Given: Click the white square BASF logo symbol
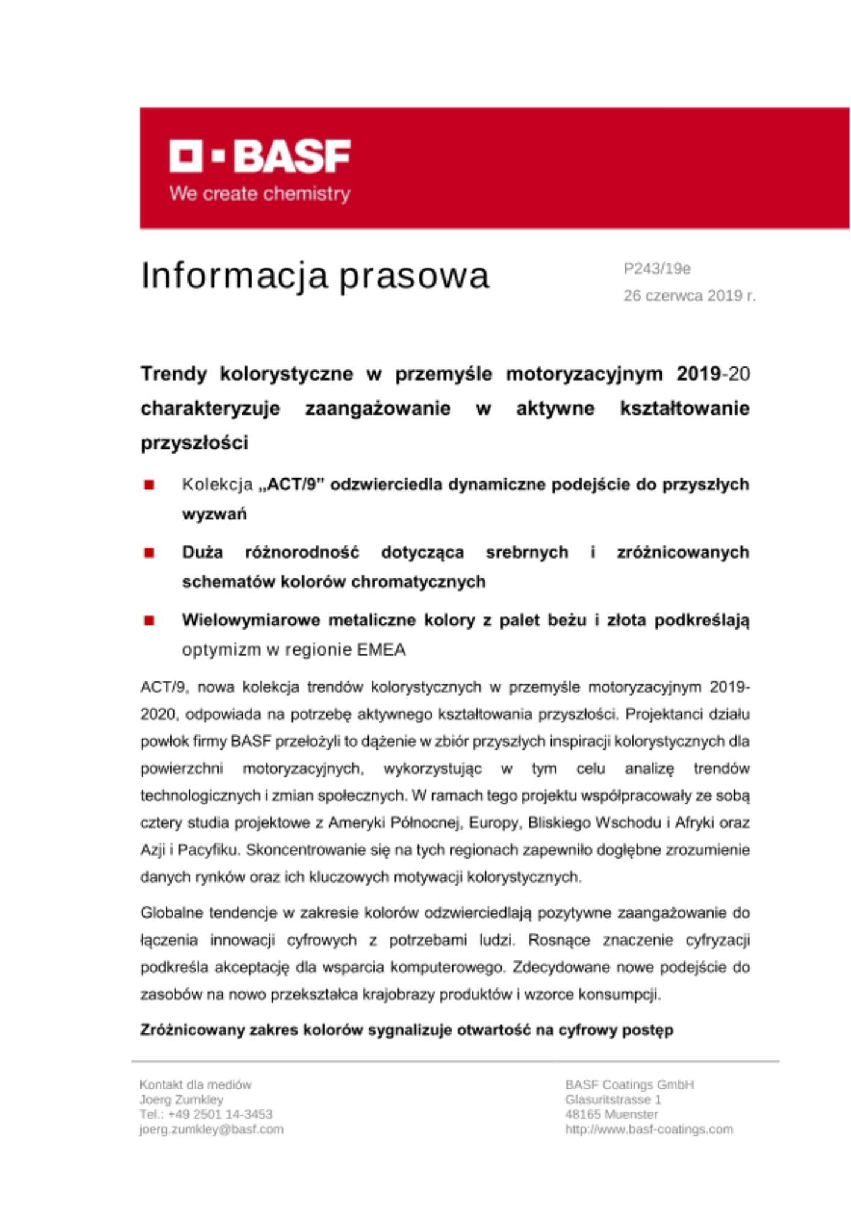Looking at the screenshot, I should [185, 156].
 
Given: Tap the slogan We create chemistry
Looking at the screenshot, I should [260, 194].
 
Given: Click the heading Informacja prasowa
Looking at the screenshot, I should [314, 276].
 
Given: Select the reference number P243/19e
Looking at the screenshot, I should [656, 269].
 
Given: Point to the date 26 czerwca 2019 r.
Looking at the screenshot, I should [689, 296].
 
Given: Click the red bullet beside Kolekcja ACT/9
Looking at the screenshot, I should [149, 485].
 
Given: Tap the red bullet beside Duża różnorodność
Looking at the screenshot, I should [149, 552].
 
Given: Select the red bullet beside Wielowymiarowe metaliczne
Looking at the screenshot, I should [149, 620].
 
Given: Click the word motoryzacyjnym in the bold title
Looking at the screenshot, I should [584, 374].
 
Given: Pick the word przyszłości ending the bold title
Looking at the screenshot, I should [194, 443].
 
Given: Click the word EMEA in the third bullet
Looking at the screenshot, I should [381, 649].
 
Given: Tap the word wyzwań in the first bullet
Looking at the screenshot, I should [214, 515].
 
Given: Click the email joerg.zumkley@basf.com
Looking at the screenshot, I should [211, 1129].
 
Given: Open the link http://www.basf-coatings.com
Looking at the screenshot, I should [649, 1129].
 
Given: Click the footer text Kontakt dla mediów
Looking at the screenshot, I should [195, 1084].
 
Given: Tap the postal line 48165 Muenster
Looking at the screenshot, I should [611, 1114].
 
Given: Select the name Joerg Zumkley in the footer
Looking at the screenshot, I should [181, 1099].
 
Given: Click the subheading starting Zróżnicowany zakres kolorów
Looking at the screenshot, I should [407, 1030].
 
